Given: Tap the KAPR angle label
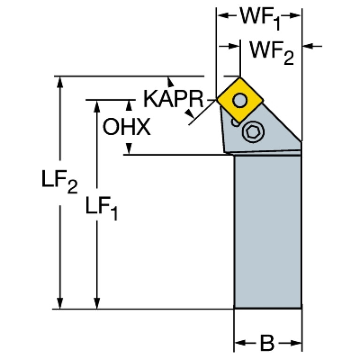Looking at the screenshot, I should point(173,99).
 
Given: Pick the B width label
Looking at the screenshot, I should point(267,344).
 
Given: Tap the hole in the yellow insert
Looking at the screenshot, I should point(240,100).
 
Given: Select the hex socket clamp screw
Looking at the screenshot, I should point(251,133).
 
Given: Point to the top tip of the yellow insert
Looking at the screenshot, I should point(240,78).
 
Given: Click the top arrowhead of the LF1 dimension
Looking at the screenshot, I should point(97,105).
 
